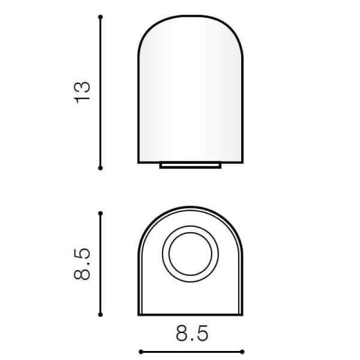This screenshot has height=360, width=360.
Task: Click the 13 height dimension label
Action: click(83, 92)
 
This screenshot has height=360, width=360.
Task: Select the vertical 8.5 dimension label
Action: click(82, 264)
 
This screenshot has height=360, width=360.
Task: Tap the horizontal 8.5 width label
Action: click(192, 333)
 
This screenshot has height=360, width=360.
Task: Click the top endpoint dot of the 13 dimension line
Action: click(100, 17)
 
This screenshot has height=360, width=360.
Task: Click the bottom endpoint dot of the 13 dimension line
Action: click(100, 168)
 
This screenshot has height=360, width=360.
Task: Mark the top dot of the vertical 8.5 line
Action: click(100, 214)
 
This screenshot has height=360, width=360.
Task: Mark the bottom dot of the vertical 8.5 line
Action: click(100, 314)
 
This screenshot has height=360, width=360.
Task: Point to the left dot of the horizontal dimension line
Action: click(141, 352)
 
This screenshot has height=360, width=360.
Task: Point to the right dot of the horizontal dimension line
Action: click(242, 352)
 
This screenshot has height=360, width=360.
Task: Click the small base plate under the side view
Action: click(190, 166)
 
